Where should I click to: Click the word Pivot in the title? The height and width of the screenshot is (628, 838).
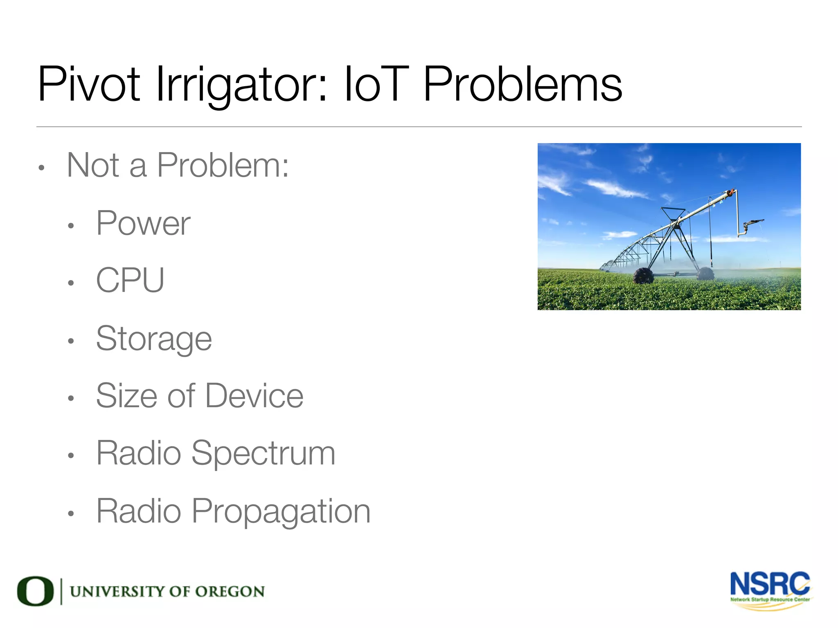click(89, 85)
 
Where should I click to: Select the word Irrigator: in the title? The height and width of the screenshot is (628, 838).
click(241, 85)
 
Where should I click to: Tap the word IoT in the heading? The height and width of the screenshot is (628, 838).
click(376, 85)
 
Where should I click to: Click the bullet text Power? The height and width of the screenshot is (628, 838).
click(143, 224)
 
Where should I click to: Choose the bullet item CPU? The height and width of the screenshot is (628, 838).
click(130, 280)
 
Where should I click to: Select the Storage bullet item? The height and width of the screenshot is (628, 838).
click(154, 339)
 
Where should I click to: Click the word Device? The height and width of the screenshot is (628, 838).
click(254, 396)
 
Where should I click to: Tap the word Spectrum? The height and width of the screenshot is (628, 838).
click(263, 453)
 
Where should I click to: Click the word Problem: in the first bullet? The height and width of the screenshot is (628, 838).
click(223, 165)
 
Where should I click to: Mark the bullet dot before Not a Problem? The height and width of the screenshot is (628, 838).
click(41, 168)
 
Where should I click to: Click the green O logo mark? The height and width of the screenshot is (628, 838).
click(35, 591)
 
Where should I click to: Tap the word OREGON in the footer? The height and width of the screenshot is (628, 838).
click(230, 592)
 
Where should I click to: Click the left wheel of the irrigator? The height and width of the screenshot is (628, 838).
click(643, 276)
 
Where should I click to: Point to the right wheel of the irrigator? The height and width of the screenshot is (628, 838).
click(706, 273)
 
